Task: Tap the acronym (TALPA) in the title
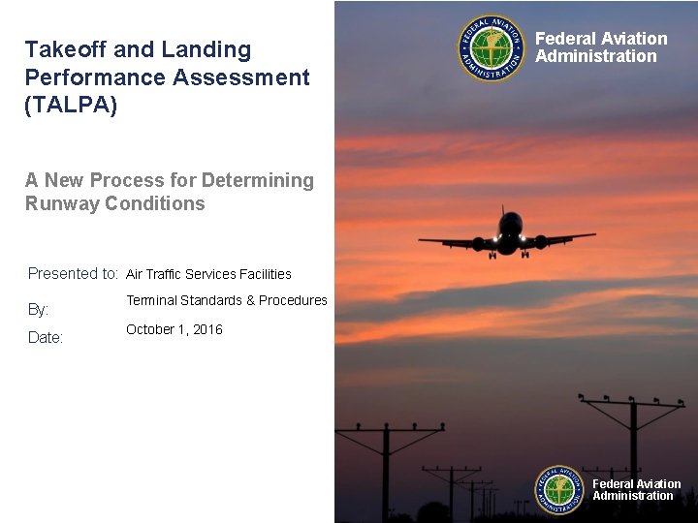point(71,105)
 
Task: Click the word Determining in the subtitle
point(258,180)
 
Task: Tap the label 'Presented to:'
point(73,274)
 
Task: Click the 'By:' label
point(38,310)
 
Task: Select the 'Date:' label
point(45,338)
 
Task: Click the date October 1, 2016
point(174,329)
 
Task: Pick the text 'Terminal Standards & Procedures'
point(226,300)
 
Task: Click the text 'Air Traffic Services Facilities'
point(208,274)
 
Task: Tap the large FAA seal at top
point(492,48)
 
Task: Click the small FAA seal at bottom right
point(560,490)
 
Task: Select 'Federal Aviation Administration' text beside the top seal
point(601,47)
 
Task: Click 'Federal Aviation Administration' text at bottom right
point(636,490)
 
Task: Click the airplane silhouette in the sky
point(507,235)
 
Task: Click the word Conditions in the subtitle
point(156,203)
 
